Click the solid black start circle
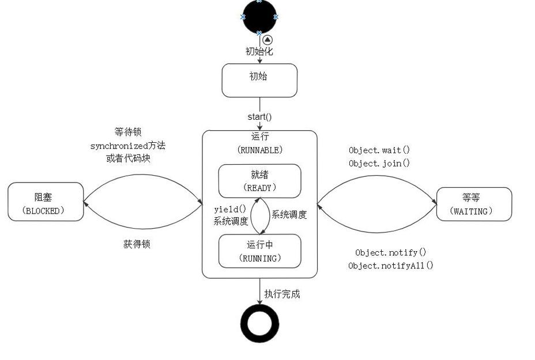coord(259,17)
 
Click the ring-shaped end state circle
coord(259,324)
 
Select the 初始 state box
coord(259,80)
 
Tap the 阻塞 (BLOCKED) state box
coord(46,202)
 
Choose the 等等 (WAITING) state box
coord(474,204)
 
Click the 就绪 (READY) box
coord(259,181)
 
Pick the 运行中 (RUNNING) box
coord(259,251)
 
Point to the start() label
coord(259,117)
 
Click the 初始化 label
coord(259,51)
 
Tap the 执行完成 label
coord(282,294)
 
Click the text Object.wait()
coord(379,150)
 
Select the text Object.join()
coord(379,164)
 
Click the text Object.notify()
coord(390,252)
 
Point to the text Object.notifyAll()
coord(390,266)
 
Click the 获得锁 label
coord(137,244)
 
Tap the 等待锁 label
coord(127,132)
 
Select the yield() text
coord(229,209)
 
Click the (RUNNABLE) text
coord(259,150)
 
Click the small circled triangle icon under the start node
coord(267,40)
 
